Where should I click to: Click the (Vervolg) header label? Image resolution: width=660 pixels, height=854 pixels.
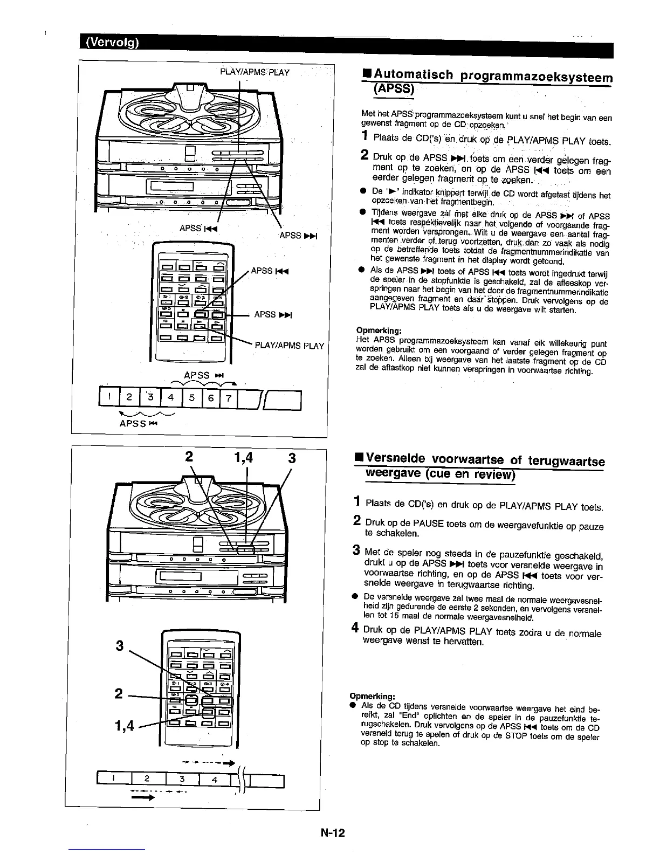click(110, 43)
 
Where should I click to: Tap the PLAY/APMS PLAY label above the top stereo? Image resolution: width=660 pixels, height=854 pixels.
click(255, 72)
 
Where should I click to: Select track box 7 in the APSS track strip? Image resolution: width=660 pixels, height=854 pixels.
click(228, 399)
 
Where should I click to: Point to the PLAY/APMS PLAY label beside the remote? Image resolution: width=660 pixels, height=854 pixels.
click(290, 346)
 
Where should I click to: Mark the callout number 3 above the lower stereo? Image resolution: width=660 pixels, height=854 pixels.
click(292, 458)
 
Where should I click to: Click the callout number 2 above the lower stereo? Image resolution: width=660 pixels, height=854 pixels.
click(189, 458)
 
